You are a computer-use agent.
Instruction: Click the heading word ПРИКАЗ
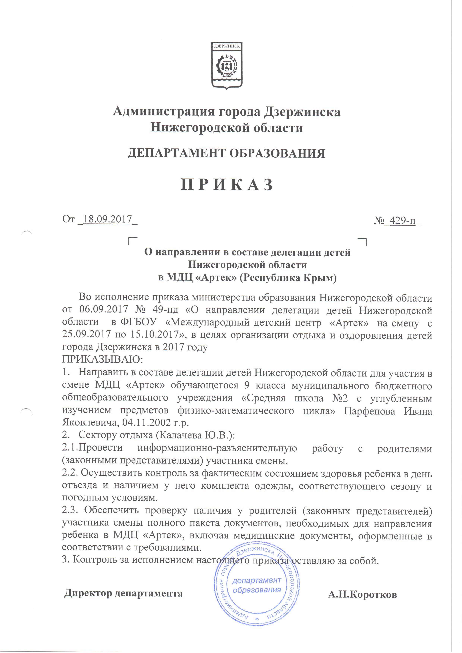pos(227,185)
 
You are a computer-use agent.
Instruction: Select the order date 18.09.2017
pos(108,220)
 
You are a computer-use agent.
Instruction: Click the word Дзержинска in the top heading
pos(302,112)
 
